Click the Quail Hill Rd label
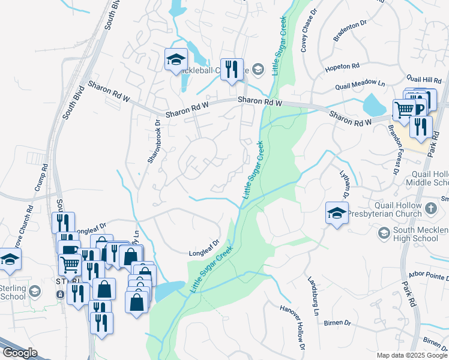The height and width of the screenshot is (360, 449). (423, 79)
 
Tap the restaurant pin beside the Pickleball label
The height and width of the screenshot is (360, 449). (231, 68)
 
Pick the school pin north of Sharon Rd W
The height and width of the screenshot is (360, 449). (176, 59)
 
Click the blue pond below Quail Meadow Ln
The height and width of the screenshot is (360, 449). (375, 106)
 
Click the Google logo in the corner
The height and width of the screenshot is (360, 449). (19, 353)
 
